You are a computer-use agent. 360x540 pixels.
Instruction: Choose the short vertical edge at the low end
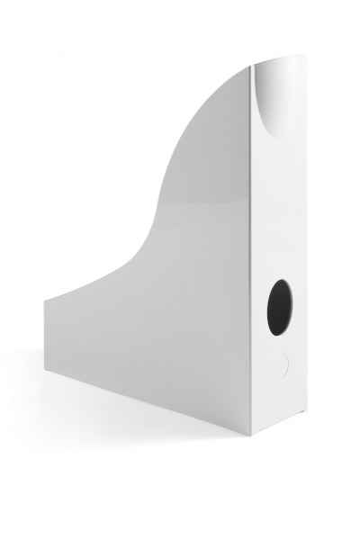45,338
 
